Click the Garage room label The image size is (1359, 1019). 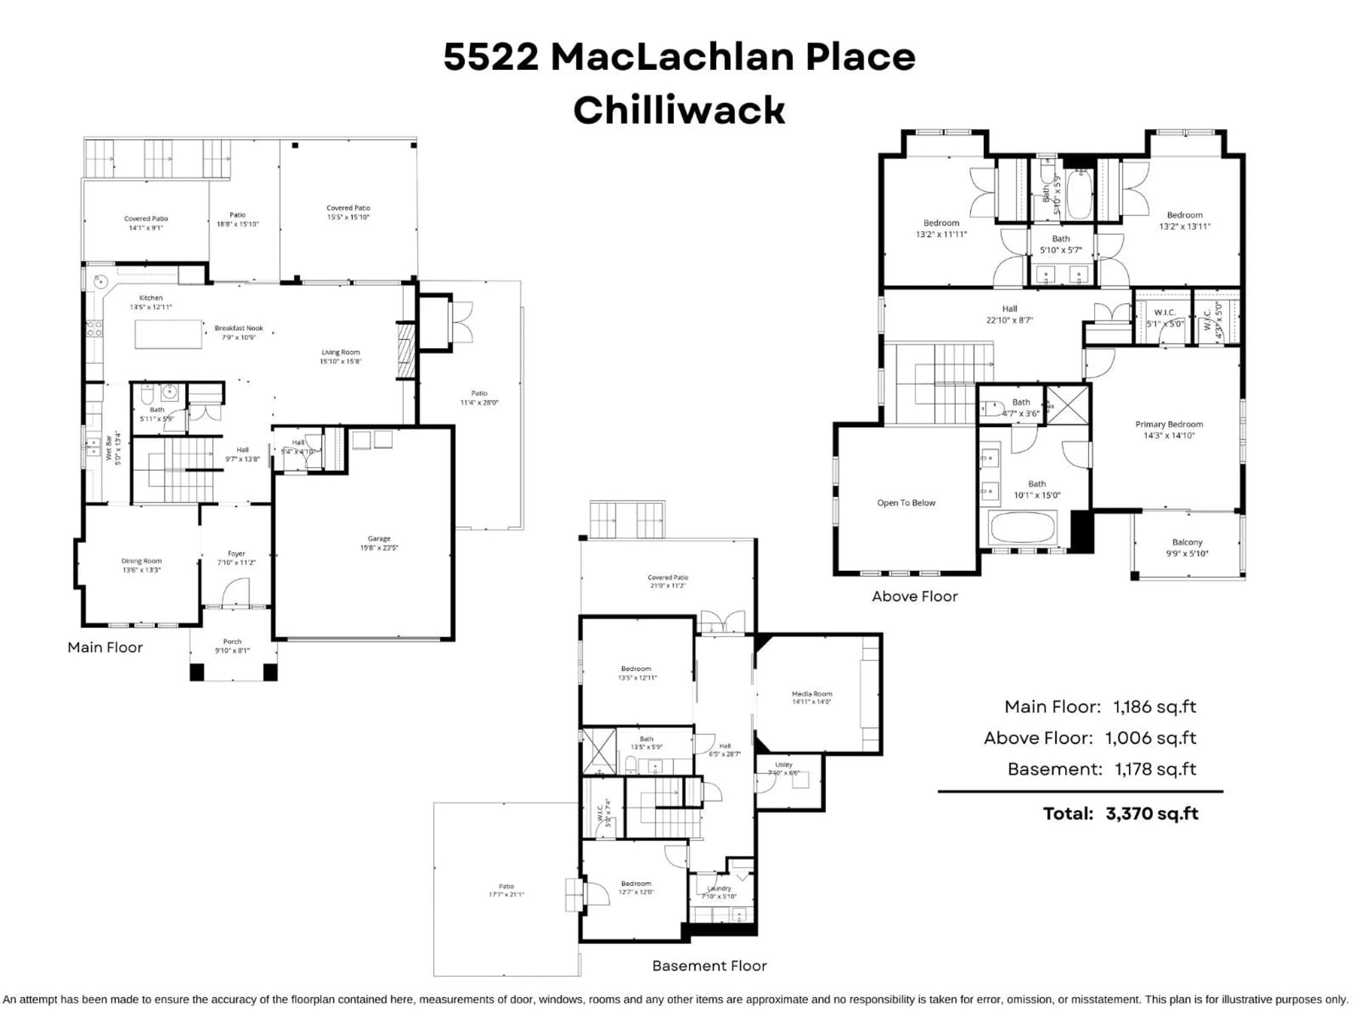click(379, 543)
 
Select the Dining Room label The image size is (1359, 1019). click(141, 565)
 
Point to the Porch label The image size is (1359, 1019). click(232, 646)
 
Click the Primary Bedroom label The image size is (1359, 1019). click(1169, 429)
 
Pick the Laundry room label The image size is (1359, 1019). click(719, 892)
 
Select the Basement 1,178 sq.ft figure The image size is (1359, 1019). click(1155, 769)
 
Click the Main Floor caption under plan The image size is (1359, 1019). click(105, 647)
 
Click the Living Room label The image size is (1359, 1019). click(340, 356)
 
